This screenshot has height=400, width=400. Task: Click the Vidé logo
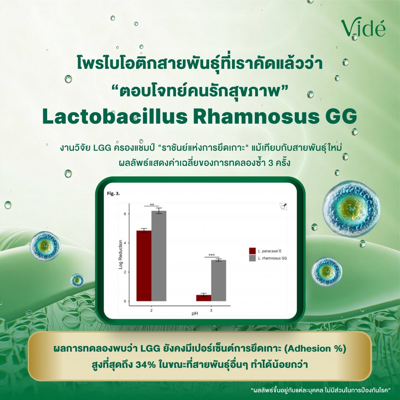[363, 28]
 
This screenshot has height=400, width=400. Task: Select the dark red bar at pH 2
[144, 266]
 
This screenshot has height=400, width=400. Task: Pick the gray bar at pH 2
[159, 256]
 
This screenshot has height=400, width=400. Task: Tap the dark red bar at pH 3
[204, 298]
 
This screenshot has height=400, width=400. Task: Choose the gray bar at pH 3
[219, 281]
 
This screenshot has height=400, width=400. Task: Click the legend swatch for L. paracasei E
[252, 251]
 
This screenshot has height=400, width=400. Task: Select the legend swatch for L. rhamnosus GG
[252, 258]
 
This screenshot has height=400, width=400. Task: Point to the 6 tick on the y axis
[125, 214]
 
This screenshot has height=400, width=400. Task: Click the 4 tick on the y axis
[125, 243]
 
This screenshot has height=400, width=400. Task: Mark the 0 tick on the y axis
[125, 301]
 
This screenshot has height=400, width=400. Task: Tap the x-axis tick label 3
[211, 310]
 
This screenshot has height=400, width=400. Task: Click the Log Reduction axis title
[121, 254]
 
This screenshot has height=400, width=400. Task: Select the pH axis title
[195, 314]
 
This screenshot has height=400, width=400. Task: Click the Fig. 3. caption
[114, 194]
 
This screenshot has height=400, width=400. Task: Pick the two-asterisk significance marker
[152, 204]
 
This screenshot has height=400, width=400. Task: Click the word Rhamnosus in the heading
[256, 116]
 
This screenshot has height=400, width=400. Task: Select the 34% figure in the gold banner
[146, 364]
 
